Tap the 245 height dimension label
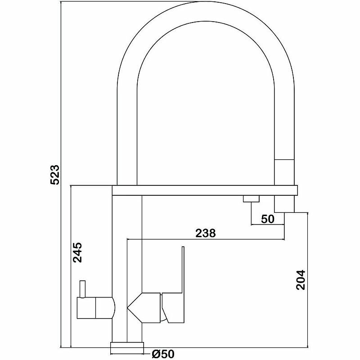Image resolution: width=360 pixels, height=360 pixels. tap(77, 253)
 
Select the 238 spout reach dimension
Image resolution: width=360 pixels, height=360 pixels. tap(206, 233)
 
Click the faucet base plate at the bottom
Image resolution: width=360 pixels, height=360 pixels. tap(127, 346)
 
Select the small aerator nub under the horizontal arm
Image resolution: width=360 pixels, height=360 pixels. tap(251, 198)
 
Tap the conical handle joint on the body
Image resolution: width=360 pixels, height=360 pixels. tap(144, 309)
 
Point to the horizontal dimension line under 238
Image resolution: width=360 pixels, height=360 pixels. tap(206, 239)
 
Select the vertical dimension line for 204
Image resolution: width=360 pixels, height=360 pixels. tap(308, 279)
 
